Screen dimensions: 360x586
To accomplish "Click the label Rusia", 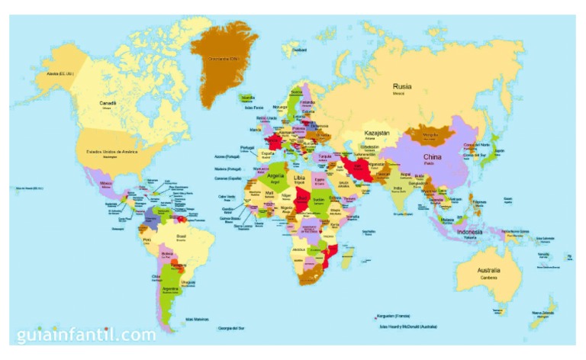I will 403,87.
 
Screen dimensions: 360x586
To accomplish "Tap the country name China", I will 433,157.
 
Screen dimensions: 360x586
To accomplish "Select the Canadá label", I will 108,102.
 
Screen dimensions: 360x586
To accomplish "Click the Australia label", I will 488,271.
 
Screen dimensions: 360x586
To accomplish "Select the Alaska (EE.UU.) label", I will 60,74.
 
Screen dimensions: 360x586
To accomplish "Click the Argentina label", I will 169,290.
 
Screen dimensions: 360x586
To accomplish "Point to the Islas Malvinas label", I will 198,319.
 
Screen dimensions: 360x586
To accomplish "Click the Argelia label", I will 275,175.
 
